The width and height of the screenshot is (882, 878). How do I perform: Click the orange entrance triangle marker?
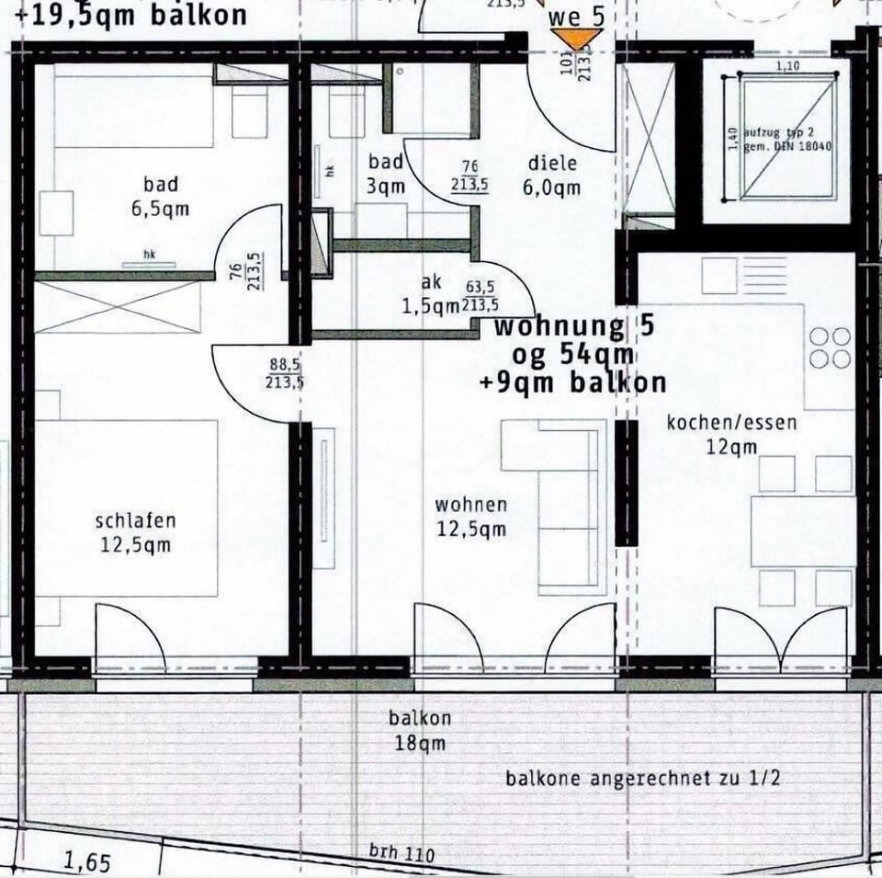point(576,39)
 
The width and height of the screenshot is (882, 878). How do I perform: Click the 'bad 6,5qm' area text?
point(160,196)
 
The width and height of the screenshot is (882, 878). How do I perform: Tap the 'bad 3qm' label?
point(386,175)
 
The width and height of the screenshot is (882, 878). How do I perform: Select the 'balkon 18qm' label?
point(420,730)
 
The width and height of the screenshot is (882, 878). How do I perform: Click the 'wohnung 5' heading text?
point(561,326)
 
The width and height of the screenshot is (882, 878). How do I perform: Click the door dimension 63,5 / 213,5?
point(481,297)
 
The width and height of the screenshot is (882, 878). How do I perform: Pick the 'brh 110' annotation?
point(402,854)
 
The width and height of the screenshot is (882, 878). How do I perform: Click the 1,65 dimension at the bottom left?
point(87,863)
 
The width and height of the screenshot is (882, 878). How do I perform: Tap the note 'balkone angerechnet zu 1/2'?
point(643,779)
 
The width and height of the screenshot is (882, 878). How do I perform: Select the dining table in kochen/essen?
point(802,530)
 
